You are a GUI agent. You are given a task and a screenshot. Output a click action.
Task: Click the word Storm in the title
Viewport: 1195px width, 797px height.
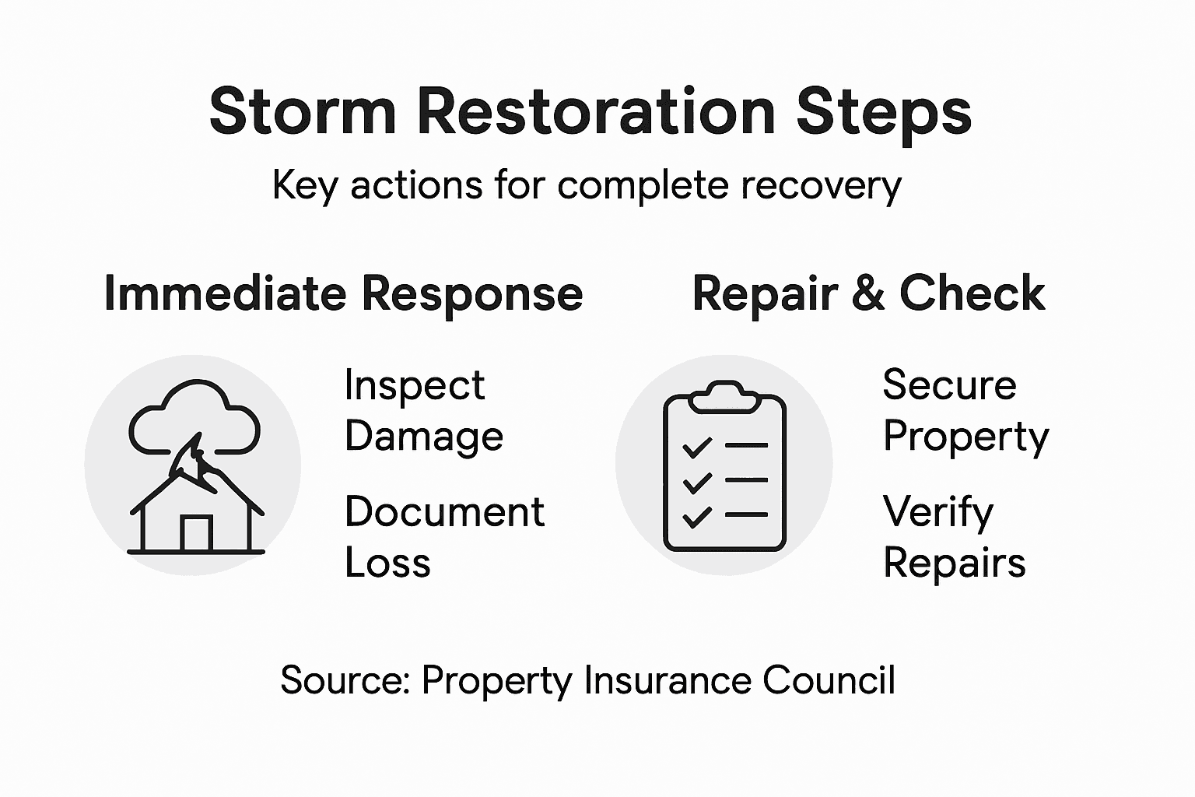(x=303, y=111)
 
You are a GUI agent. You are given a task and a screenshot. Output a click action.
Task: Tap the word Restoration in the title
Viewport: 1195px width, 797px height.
(x=597, y=111)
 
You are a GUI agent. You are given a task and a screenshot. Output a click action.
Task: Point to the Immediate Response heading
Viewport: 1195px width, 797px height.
(x=343, y=293)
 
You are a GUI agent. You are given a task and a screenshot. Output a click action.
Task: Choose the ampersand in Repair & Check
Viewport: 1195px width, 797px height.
(x=869, y=294)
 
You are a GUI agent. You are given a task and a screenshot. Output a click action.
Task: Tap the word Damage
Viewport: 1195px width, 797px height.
(x=424, y=437)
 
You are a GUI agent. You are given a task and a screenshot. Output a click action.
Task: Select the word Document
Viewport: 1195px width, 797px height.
(x=444, y=512)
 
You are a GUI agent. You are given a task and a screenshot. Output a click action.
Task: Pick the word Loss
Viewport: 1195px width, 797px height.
(x=387, y=563)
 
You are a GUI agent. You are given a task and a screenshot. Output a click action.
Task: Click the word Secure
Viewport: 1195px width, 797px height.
(x=949, y=385)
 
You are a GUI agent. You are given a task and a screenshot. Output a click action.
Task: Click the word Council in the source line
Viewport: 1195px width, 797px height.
(x=829, y=680)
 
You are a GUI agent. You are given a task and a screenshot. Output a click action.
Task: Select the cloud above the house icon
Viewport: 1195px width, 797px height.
(x=194, y=416)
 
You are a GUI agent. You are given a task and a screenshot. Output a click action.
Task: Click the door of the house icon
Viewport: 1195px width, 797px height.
(x=196, y=533)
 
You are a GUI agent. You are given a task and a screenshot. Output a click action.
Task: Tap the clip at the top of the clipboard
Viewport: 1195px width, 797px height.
(x=724, y=396)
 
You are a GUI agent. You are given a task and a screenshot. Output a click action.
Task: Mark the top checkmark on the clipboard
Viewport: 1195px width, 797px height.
(x=696, y=447)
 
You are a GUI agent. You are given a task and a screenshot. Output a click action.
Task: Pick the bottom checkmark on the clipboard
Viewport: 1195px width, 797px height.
(x=696, y=516)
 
